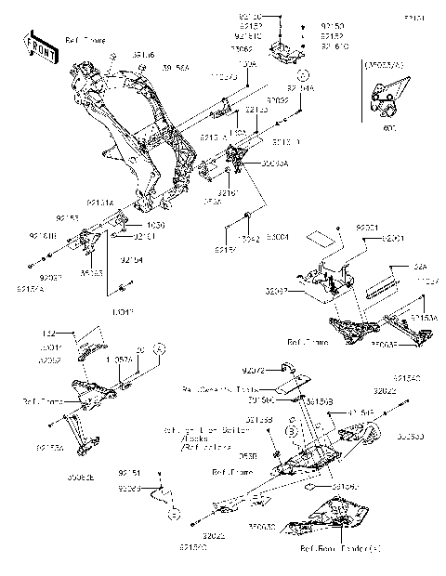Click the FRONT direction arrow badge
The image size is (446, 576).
(41, 48)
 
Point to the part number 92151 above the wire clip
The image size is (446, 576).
(130, 473)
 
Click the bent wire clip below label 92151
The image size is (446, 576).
(168, 503)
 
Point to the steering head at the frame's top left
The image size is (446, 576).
(81, 76)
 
